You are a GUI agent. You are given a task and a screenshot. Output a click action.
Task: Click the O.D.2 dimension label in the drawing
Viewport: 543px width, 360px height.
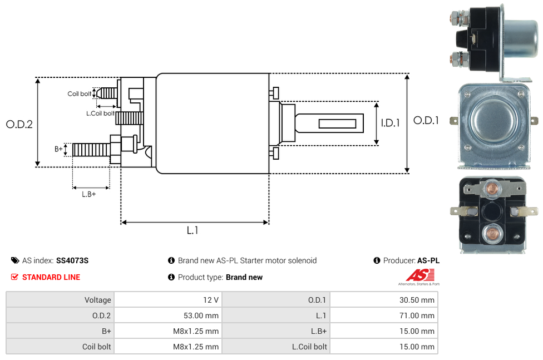coord(19,124)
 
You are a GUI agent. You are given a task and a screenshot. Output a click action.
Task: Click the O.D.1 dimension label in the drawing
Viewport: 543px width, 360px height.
coord(426,120)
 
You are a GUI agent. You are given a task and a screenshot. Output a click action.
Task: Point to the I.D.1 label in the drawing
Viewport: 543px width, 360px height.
coord(391,123)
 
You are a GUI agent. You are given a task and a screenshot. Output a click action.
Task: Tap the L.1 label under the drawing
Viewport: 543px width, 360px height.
coord(192,230)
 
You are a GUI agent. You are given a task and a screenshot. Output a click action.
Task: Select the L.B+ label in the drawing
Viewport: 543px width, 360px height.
coord(89,194)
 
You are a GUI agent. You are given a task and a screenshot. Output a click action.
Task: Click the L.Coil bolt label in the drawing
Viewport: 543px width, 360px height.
coord(101,114)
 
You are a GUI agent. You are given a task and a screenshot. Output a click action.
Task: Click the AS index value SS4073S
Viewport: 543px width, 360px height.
coord(72,260)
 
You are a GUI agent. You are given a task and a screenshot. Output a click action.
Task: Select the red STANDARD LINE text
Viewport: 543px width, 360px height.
coord(51,277)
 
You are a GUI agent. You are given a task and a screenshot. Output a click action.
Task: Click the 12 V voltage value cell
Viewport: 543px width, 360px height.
coord(211,300)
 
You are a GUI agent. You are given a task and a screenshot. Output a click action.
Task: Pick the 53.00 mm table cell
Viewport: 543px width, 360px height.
coord(200,315)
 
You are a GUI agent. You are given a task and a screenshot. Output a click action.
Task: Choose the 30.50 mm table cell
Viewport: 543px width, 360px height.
coord(416,300)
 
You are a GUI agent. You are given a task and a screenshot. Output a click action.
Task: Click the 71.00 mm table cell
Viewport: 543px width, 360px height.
coord(416,315)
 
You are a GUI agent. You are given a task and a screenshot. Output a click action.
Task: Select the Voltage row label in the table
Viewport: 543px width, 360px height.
coord(98,300)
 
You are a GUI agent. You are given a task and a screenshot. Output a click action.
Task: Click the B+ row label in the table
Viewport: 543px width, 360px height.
coord(106,331)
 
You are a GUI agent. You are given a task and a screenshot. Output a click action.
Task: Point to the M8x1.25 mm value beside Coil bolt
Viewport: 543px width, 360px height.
coord(196,347)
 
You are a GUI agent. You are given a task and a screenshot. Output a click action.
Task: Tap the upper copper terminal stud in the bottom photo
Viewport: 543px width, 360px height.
coord(491,188)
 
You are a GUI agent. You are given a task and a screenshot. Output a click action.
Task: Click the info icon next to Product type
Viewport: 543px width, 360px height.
coord(171,277)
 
